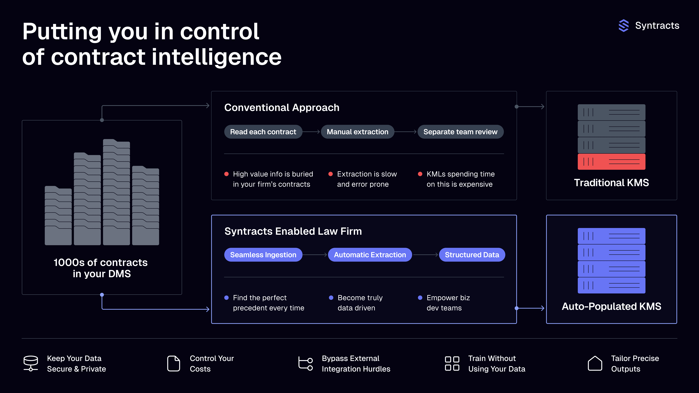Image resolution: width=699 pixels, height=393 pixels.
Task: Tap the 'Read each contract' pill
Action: pyautogui.click(x=263, y=132)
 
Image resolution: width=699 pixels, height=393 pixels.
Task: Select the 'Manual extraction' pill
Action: pyautogui.click(x=357, y=132)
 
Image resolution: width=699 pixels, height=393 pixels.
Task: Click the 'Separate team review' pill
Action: pyautogui.click(x=460, y=132)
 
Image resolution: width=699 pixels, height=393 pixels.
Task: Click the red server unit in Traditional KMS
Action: pyautogui.click(x=611, y=162)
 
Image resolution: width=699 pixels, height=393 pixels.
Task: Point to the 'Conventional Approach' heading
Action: pyautogui.click(x=282, y=108)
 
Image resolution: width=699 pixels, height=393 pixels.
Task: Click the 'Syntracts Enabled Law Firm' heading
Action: pyautogui.click(x=293, y=231)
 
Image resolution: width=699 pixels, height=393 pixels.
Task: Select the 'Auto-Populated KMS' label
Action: pyautogui.click(x=611, y=306)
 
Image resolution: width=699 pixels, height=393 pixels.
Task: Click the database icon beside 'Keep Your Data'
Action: pyautogui.click(x=31, y=363)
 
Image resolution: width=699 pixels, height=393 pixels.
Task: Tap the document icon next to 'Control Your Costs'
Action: pyautogui.click(x=173, y=363)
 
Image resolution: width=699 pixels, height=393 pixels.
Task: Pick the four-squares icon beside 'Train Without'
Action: pyautogui.click(x=452, y=363)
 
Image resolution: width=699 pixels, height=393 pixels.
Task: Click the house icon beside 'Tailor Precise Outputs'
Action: pyautogui.click(x=595, y=363)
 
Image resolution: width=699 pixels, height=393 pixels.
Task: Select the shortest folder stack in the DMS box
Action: pyautogui.click(x=58, y=216)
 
